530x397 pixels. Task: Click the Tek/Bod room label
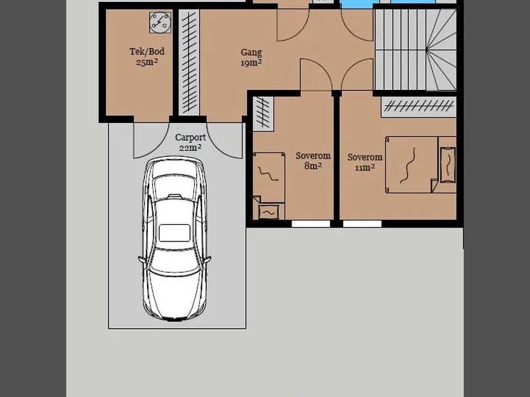pos(147,52)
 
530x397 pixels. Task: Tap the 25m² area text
pos(147,62)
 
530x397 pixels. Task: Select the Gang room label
pos(251,53)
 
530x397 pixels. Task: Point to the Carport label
pos(190,138)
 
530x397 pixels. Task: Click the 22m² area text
pos(190,148)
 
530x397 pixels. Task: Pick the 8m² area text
pos(313,165)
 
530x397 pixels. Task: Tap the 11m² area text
pos(365,167)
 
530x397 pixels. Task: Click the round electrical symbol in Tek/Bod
pos(160,22)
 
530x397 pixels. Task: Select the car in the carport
pos(174,239)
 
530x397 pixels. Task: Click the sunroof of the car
pos(174,233)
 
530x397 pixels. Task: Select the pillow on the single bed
pos(269,212)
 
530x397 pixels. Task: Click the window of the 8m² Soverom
pos(311,224)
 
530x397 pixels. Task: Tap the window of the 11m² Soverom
pos(362,224)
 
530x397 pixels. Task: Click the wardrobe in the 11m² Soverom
pos(419,107)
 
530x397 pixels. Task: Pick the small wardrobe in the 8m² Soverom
pos(263,114)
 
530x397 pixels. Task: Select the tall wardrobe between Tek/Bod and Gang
pos(189,62)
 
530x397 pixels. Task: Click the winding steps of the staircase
pos(441,50)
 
